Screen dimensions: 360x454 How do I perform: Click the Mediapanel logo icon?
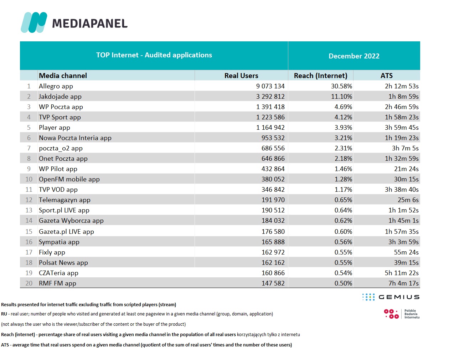(x=34, y=22)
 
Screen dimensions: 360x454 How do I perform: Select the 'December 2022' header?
(x=354, y=56)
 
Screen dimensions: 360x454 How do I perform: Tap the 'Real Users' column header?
(x=241, y=76)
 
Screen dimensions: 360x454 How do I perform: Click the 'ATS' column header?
(x=386, y=76)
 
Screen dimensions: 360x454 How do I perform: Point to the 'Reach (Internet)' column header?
(x=320, y=76)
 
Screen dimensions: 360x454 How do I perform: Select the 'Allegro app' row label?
(x=56, y=86)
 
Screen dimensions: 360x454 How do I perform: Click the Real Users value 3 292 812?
(x=270, y=97)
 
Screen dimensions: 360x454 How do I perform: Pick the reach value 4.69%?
(x=343, y=107)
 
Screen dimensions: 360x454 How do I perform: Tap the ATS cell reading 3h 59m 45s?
(x=402, y=128)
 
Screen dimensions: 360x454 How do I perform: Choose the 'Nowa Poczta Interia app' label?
(x=75, y=138)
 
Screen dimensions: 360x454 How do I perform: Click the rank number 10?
(x=29, y=179)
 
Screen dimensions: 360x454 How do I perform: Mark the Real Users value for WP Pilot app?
(x=273, y=169)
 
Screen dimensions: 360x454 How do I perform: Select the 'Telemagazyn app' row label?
(x=65, y=200)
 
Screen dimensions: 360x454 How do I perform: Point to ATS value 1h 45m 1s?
(x=403, y=221)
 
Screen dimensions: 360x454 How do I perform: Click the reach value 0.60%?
(x=343, y=232)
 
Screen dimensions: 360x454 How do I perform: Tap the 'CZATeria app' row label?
(x=58, y=273)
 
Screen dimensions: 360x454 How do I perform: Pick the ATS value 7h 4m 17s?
(x=403, y=283)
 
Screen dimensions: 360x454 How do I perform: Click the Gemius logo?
(x=391, y=297)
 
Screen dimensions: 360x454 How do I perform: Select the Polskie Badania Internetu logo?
(x=402, y=314)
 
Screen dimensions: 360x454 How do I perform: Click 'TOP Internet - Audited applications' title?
(x=154, y=55)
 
